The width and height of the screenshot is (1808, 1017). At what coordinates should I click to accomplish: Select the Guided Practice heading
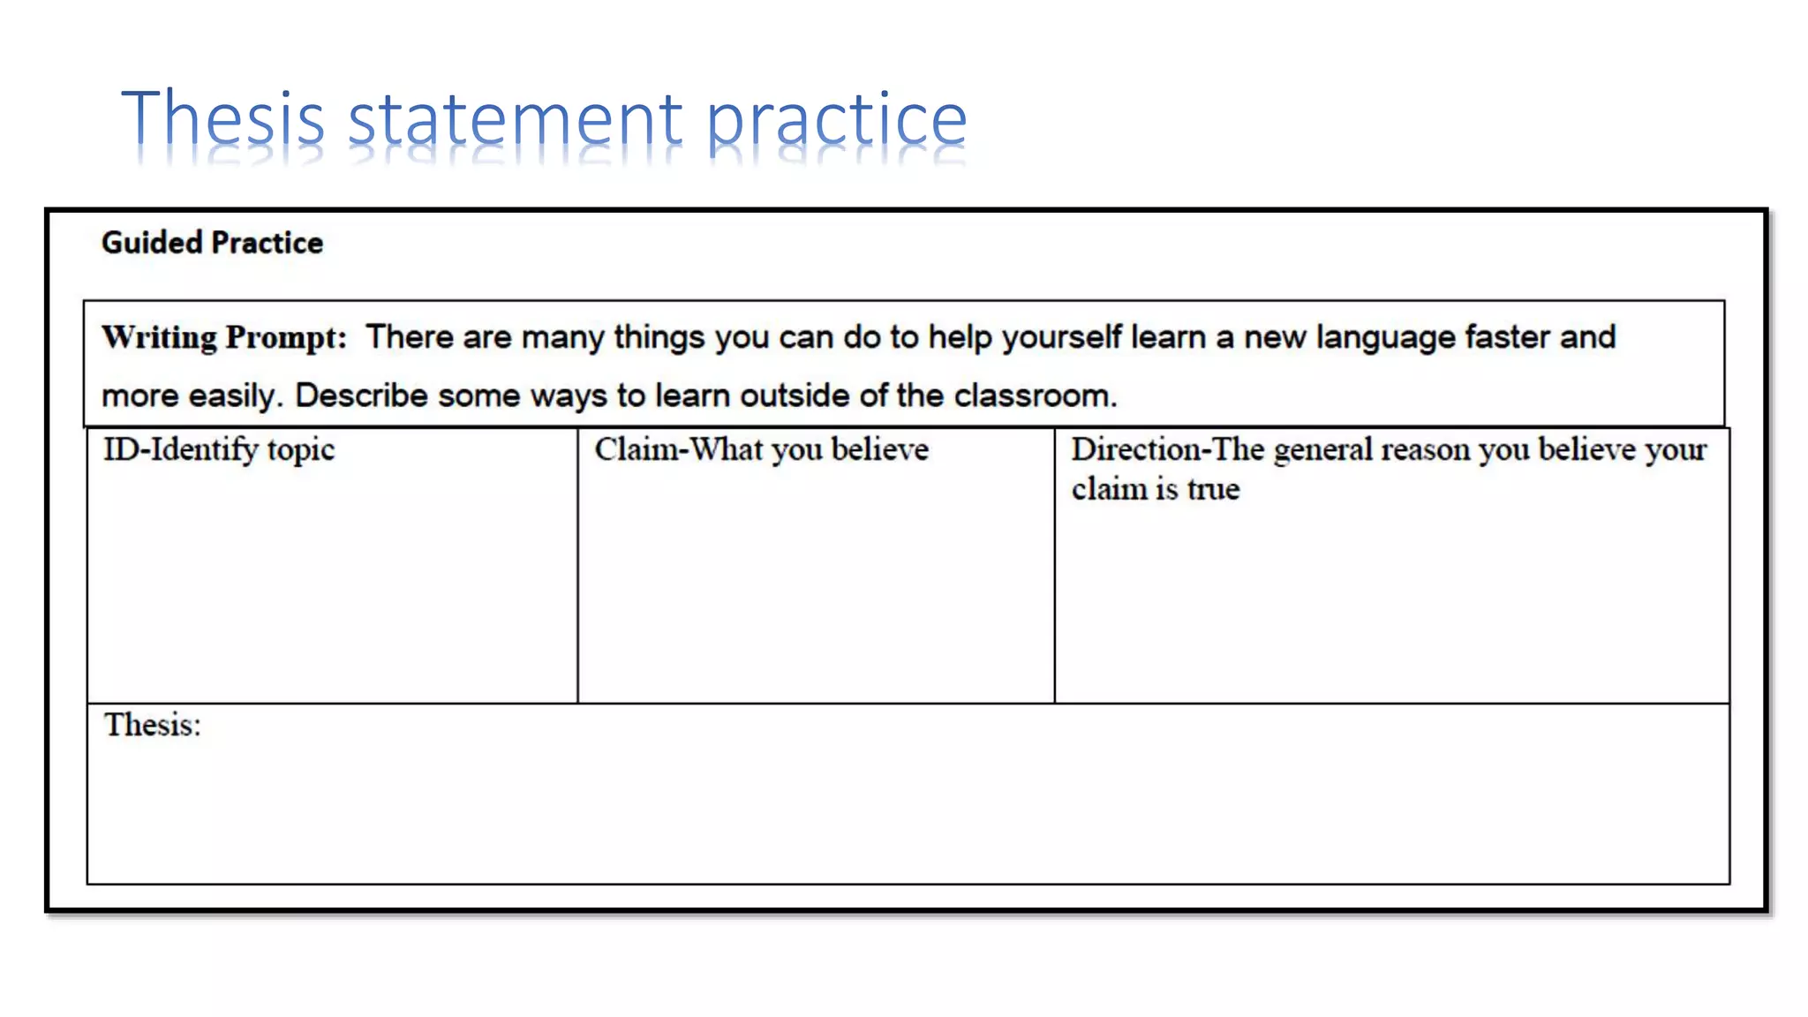212,243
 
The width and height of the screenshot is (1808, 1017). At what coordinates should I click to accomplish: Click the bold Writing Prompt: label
224,337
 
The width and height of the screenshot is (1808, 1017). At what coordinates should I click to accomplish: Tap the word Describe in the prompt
361,395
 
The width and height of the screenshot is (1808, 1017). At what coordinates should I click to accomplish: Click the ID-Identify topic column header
219,449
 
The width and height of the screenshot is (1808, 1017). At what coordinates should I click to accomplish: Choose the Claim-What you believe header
761,449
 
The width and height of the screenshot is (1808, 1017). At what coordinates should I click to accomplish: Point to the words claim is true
1156,489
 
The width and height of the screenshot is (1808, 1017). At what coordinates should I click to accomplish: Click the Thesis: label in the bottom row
153,725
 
